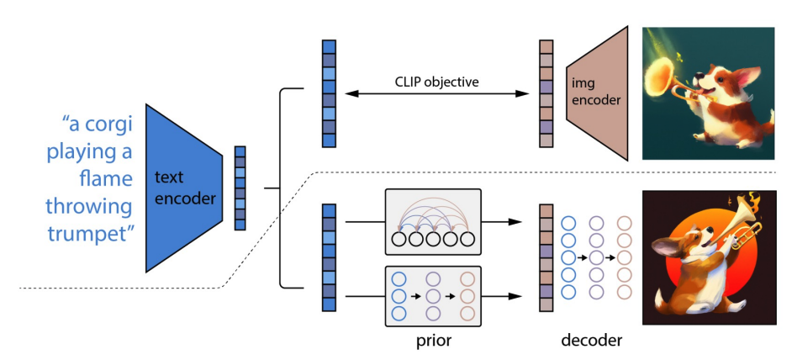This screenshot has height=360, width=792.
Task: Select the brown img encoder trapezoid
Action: tap(598, 93)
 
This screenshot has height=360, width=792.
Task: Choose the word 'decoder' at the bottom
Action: tap(592, 341)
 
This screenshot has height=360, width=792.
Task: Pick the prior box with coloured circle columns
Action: tap(433, 295)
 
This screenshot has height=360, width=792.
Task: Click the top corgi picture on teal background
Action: tap(708, 93)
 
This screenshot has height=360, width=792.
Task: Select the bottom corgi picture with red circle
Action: tap(708, 257)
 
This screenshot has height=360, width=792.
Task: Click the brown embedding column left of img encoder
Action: tap(546, 93)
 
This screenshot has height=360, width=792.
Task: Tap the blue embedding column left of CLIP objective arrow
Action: tap(329, 93)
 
